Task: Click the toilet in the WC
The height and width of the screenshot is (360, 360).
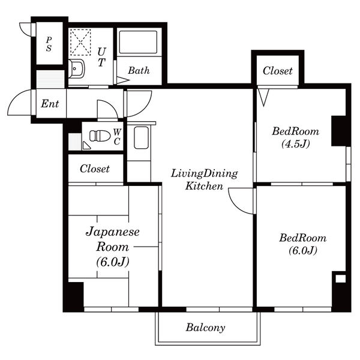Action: coord(100,136)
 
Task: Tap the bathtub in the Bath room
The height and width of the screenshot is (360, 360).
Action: coord(138,42)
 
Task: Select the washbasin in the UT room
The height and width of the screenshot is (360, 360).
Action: coord(76,68)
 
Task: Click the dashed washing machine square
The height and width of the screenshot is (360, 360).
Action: coord(80,42)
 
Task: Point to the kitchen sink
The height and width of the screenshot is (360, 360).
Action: coord(141,137)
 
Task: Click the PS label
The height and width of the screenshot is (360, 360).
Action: coord(49,44)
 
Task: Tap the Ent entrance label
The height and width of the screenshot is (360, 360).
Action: coord(50,104)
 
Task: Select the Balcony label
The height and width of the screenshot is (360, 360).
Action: coord(205,328)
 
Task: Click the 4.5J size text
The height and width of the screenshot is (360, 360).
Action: coord(296,144)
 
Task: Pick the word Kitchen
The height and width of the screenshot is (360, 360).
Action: coord(204,186)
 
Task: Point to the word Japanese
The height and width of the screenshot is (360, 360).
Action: coord(113,232)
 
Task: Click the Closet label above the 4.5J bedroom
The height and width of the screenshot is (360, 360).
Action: coord(278,71)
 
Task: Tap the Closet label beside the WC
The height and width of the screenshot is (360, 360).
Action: coord(95,169)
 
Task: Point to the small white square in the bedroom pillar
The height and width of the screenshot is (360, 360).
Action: coord(340,279)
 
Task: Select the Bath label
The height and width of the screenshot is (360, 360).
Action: coord(139,70)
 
